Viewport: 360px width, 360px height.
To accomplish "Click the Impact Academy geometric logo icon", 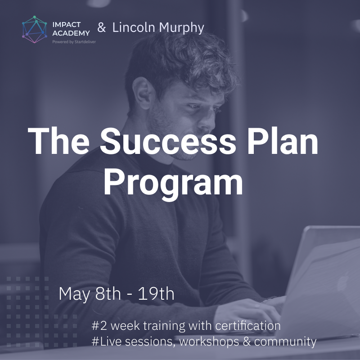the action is point(35,30).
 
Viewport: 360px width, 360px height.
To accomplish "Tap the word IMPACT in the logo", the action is point(66,25).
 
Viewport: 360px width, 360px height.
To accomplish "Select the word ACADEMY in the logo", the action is point(71,33).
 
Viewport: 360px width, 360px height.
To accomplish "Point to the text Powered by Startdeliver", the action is point(74,42).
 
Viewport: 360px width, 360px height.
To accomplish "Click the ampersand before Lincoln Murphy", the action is point(102,27).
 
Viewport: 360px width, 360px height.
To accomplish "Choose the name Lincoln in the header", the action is point(134,27).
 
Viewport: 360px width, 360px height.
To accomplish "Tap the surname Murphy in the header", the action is point(181,28).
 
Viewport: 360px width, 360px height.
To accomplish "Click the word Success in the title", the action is point(168,141).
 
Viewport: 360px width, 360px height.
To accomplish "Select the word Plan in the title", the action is point(283,141).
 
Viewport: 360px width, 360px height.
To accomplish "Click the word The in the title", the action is point(58,141).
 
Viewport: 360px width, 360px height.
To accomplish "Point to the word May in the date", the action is point(74,294).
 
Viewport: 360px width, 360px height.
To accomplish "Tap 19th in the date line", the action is point(156,293).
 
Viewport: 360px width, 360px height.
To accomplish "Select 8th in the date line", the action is point(108,293).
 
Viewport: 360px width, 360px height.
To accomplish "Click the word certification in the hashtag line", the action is point(248,325).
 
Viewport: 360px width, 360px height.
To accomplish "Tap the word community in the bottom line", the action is point(285,342).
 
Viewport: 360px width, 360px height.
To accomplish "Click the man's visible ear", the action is point(141,93).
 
